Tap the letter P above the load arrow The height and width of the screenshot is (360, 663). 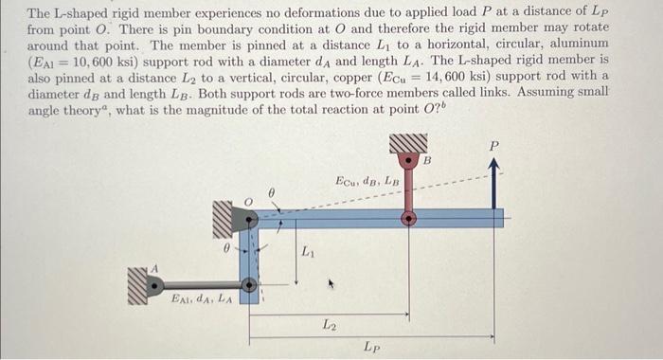coord(493,147)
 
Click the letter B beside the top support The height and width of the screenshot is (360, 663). coord(427,162)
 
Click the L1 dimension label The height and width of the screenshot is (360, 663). coord(307,252)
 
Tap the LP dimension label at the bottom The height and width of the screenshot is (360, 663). coord(373,349)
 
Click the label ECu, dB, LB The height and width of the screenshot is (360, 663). coord(362,179)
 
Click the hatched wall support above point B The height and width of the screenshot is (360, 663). coord(409,143)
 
